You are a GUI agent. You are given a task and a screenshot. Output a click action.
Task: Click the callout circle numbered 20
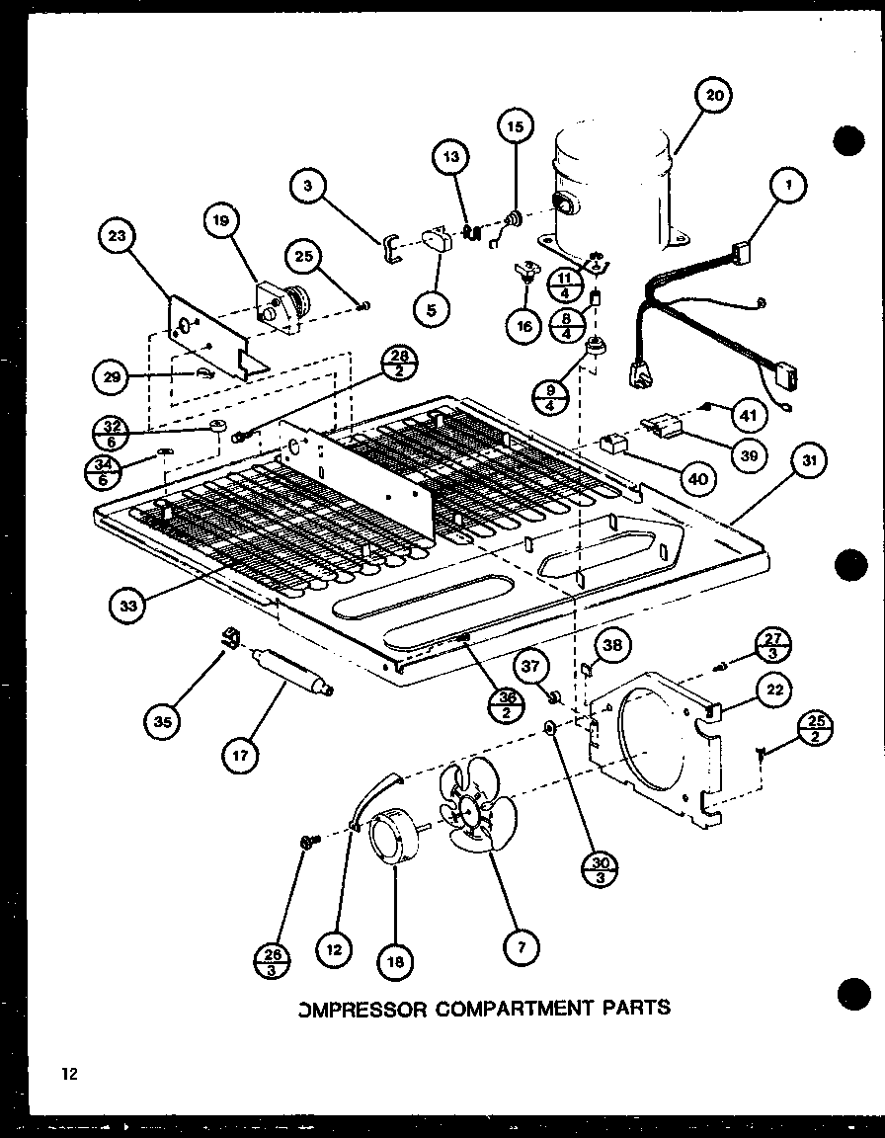point(714,97)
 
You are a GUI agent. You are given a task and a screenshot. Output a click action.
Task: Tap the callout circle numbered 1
point(788,185)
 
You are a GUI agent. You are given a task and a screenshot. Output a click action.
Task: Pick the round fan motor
point(392,834)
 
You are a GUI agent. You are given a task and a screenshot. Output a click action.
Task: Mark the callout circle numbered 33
point(129,606)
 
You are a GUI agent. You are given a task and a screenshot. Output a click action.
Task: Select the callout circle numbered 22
point(775,690)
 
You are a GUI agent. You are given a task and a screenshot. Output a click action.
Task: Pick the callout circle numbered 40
point(698,479)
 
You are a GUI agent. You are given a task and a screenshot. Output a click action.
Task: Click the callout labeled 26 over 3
point(273,961)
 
